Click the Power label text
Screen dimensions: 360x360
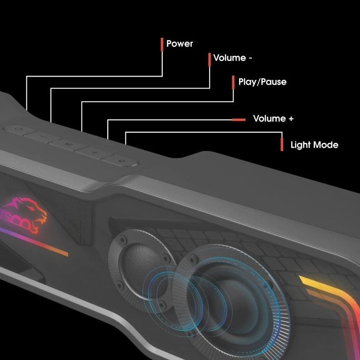tap(180, 44)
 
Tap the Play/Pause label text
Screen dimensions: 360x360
tap(262, 82)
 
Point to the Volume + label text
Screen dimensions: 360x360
tap(273, 119)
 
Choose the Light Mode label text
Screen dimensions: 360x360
tap(314, 145)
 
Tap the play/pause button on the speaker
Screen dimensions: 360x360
tap(67, 145)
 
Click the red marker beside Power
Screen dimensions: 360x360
tap(162, 44)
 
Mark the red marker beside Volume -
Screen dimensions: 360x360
tap(209, 59)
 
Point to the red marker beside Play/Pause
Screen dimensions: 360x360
tap(234, 82)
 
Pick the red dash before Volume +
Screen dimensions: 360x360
tap(239, 120)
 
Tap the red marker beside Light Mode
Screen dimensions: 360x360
tap(282, 144)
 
